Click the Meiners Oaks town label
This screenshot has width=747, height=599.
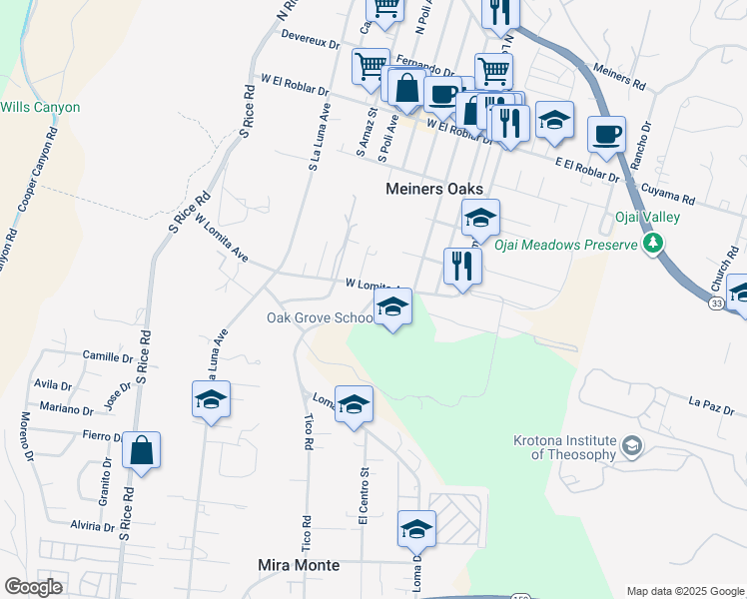[x=434, y=189]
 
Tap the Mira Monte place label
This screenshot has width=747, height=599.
[x=299, y=565]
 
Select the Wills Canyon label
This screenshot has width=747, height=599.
[x=40, y=107]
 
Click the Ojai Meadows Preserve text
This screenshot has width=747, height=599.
[x=566, y=245]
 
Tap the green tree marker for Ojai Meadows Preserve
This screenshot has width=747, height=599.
[x=653, y=243]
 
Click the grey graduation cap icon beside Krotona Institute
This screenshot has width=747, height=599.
[x=631, y=446]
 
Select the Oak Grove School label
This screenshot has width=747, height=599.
[x=320, y=318]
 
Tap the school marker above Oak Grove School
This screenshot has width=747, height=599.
[x=393, y=307]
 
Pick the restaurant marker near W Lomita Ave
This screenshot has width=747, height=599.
[x=461, y=266]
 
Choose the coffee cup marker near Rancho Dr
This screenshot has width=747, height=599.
[x=606, y=134]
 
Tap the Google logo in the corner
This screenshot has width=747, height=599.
[x=33, y=587]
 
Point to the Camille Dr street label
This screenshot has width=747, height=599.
[x=108, y=356]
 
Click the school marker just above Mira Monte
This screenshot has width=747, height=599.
[x=416, y=528]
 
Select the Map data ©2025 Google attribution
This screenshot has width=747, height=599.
[x=684, y=591]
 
